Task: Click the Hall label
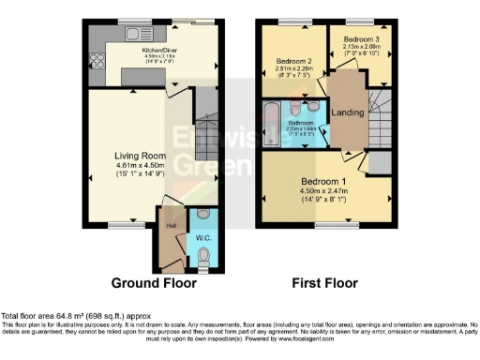click(172, 226)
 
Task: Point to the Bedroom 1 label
click(322, 180)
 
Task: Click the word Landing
click(348, 112)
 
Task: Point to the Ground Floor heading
click(154, 282)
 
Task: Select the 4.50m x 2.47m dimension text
click(322, 191)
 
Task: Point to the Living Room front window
click(119, 224)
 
